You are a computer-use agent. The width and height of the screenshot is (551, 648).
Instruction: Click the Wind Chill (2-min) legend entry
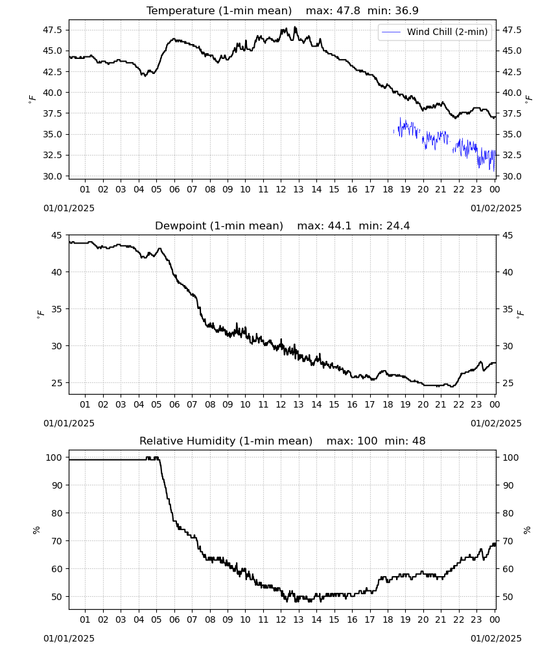coord(434,32)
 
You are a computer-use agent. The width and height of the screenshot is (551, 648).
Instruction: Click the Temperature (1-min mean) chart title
coord(219,10)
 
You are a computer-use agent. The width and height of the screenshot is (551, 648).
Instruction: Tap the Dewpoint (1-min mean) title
coord(219,226)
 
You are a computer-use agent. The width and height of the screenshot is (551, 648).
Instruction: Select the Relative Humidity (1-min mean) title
coord(226,441)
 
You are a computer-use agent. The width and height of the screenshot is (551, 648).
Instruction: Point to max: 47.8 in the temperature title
coord(333,10)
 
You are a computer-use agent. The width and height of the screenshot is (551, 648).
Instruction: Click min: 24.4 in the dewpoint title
coord(384,226)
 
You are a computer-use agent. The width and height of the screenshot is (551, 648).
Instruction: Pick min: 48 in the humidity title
coord(405,441)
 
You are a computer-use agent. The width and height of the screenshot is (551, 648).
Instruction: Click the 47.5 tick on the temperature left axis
coord(52,30)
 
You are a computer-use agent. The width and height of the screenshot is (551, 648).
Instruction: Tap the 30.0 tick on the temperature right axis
coord(511,176)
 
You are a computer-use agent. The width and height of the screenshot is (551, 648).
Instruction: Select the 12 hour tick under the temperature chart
coord(281,189)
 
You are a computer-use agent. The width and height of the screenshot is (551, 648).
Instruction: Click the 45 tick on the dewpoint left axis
coord(56,235)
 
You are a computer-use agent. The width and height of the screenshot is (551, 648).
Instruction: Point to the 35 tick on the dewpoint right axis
coord(508,309)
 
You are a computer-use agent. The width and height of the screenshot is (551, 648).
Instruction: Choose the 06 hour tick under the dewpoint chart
coord(174,404)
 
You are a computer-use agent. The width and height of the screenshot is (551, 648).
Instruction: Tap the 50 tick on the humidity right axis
coord(508,597)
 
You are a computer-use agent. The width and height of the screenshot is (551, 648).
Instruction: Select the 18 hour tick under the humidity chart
coord(388,619)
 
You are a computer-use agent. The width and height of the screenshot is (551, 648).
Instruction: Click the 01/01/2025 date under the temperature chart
coord(69,208)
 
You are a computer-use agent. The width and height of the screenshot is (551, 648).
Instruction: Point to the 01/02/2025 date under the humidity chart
coord(496,638)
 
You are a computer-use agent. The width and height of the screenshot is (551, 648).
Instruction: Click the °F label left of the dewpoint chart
coord(40,314)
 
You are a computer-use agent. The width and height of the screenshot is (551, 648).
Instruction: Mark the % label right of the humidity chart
coord(527,530)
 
